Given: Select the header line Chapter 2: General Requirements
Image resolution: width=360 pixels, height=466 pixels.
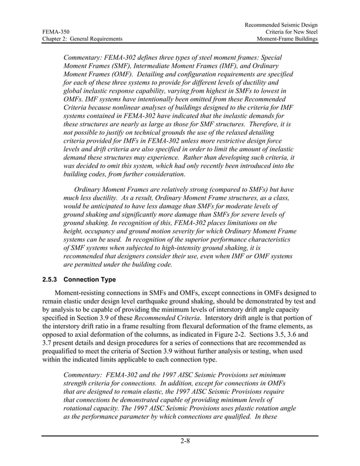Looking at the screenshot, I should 82,39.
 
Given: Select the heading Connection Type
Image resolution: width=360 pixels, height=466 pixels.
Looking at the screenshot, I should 90,280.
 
